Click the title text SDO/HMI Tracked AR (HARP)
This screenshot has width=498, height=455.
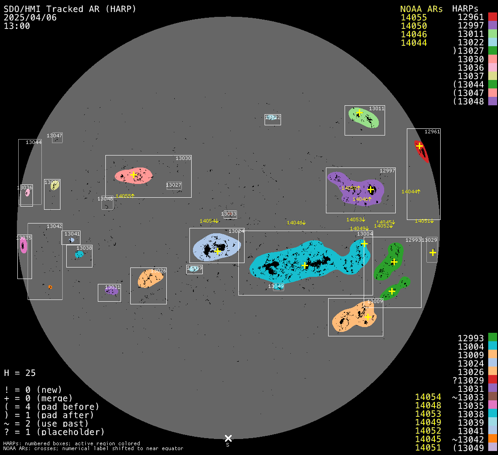[70, 9]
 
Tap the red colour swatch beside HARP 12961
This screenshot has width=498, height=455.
[492, 17]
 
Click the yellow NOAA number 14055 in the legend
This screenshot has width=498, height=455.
[414, 18]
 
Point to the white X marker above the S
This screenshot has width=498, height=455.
[228, 439]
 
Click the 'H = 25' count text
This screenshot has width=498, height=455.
[20, 373]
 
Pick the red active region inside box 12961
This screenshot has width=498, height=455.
[422, 151]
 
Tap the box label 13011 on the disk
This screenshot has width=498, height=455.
[377, 108]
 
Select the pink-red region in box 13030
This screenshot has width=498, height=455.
[133, 176]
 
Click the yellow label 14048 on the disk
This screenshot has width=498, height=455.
[295, 223]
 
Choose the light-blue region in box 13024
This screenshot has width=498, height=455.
[217, 247]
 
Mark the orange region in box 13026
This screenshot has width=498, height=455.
[149, 279]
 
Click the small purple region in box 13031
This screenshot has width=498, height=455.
[112, 291]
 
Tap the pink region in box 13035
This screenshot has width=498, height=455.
[24, 246]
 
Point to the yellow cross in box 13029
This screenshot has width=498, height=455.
[433, 252]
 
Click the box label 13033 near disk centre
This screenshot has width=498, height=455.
[229, 214]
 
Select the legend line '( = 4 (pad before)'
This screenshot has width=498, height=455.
[52, 407]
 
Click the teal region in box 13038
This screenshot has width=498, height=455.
[79, 254]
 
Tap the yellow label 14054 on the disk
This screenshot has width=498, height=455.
[208, 221]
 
